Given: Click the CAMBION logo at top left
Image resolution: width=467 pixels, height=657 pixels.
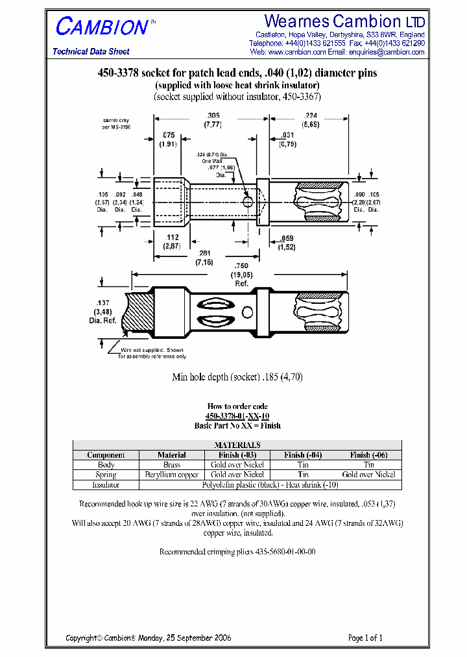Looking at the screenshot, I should [x=102, y=27].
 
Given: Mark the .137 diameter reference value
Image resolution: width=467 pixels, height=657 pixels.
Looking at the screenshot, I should [x=101, y=303].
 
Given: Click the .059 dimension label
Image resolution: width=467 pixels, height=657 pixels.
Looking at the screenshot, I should [x=286, y=238].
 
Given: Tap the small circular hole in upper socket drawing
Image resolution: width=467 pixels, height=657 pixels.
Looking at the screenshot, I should [x=248, y=202].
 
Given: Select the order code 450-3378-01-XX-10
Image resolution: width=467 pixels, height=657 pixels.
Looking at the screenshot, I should [x=237, y=415].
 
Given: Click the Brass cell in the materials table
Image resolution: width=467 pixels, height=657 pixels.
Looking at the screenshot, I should [x=172, y=465].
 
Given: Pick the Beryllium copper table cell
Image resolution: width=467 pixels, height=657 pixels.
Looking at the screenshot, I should [x=172, y=475].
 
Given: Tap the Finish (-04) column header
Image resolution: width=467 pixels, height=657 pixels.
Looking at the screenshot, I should [x=303, y=455].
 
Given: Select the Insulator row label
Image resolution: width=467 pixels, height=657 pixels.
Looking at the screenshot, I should [x=106, y=484].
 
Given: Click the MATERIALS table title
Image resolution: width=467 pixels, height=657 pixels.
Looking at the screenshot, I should [x=237, y=445].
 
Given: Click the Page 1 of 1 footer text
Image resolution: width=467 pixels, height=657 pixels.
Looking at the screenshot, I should [x=366, y=638].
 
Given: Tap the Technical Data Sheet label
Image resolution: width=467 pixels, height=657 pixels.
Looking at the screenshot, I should [x=91, y=51].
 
